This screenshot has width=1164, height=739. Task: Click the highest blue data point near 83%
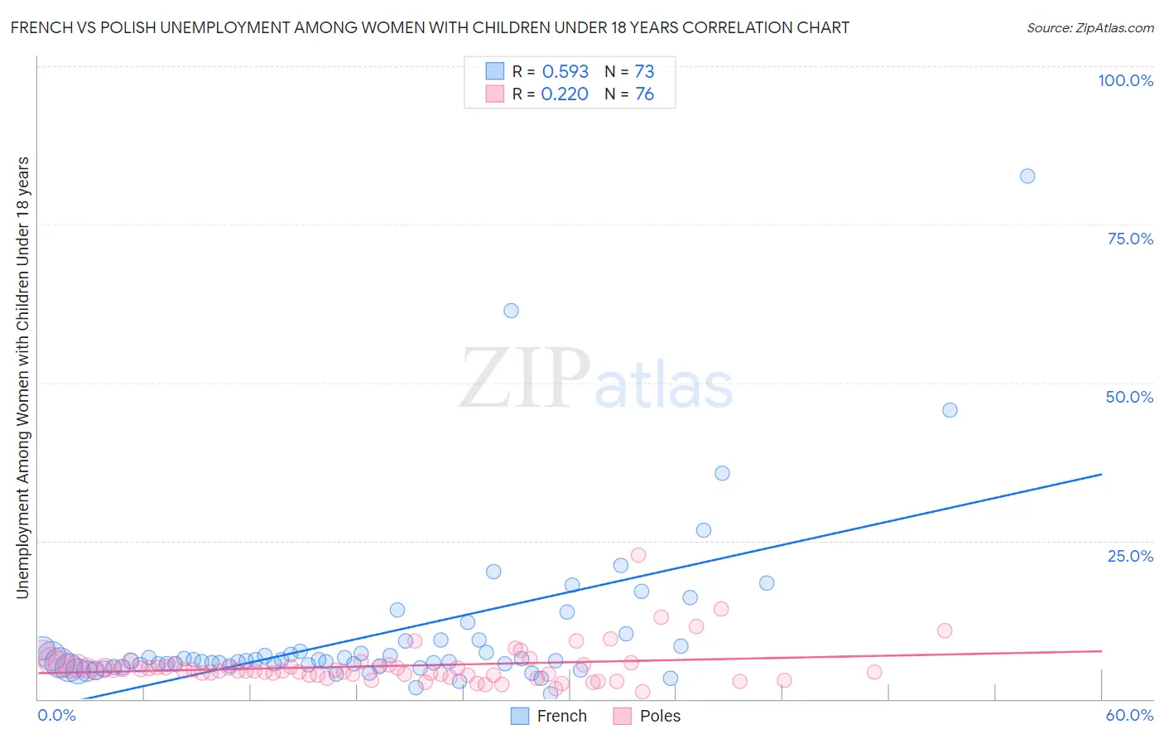pyautogui.click(x=1027, y=176)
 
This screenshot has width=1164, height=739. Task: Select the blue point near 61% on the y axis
pyautogui.click(x=511, y=311)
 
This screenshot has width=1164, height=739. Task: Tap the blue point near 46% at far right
pyautogui.click(x=950, y=410)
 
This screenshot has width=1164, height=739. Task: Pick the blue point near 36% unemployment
pyautogui.click(x=722, y=473)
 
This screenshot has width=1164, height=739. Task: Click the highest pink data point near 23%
pyautogui.click(x=638, y=555)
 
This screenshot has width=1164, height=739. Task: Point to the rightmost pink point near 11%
pyautogui.click(x=945, y=630)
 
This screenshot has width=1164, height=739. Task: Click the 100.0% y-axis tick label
pyautogui.click(x=1125, y=80)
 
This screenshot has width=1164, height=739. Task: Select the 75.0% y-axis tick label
pyautogui.click(x=1130, y=239)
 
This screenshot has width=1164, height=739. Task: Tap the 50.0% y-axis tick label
pyautogui.click(x=1129, y=397)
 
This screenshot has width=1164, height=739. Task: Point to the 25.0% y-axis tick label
pyautogui.click(x=1130, y=556)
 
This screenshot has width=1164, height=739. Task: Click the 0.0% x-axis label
pyautogui.click(x=56, y=715)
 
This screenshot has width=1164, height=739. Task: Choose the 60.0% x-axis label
pyautogui.click(x=1129, y=715)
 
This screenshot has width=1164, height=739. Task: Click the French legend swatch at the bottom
pyautogui.click(x=520, y=716)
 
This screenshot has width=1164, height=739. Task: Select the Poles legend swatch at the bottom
pyautogui.click(x=623, y=716)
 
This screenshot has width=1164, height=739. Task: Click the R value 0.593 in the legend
pyautogui.click(x=565, y=71)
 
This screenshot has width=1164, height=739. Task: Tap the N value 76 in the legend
pyautogui.click(x=644, y=94)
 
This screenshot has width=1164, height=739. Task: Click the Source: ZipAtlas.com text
pyautogui.click(x=1089, y=27)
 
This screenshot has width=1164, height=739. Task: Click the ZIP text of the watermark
pyautogui.click(x=525, y=379)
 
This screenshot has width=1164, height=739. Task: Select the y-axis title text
pyautogui.click(x=22, y=377)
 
